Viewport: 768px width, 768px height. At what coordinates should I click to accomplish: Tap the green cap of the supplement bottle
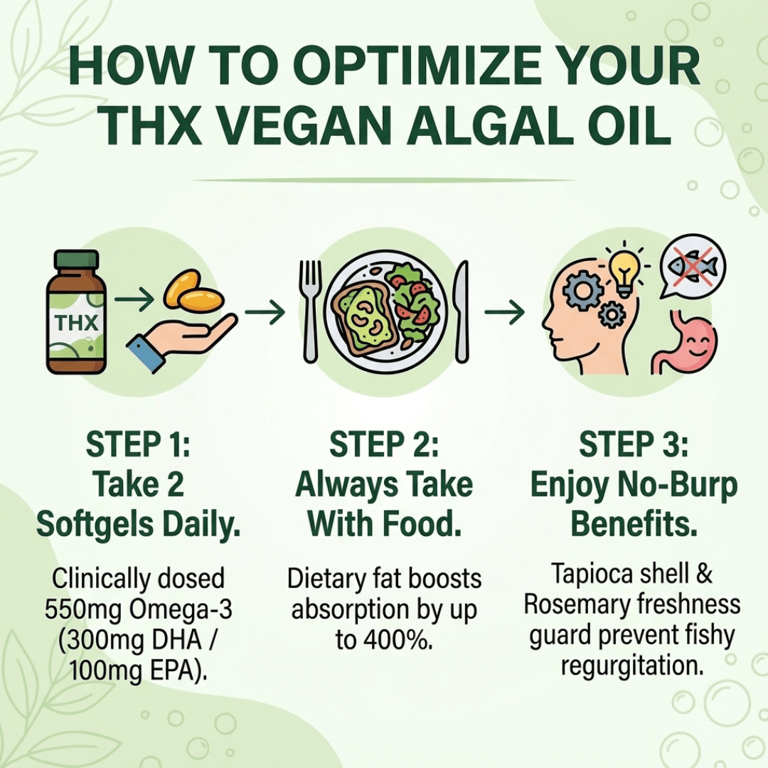76,260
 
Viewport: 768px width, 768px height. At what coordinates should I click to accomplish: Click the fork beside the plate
310,309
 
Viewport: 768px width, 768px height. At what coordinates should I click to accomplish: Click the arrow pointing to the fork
265,311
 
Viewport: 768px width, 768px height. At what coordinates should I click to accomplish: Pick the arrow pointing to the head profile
504,311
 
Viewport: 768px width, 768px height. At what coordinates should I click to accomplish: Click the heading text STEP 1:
138,446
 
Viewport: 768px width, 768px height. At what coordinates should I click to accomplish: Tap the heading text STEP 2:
384,446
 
